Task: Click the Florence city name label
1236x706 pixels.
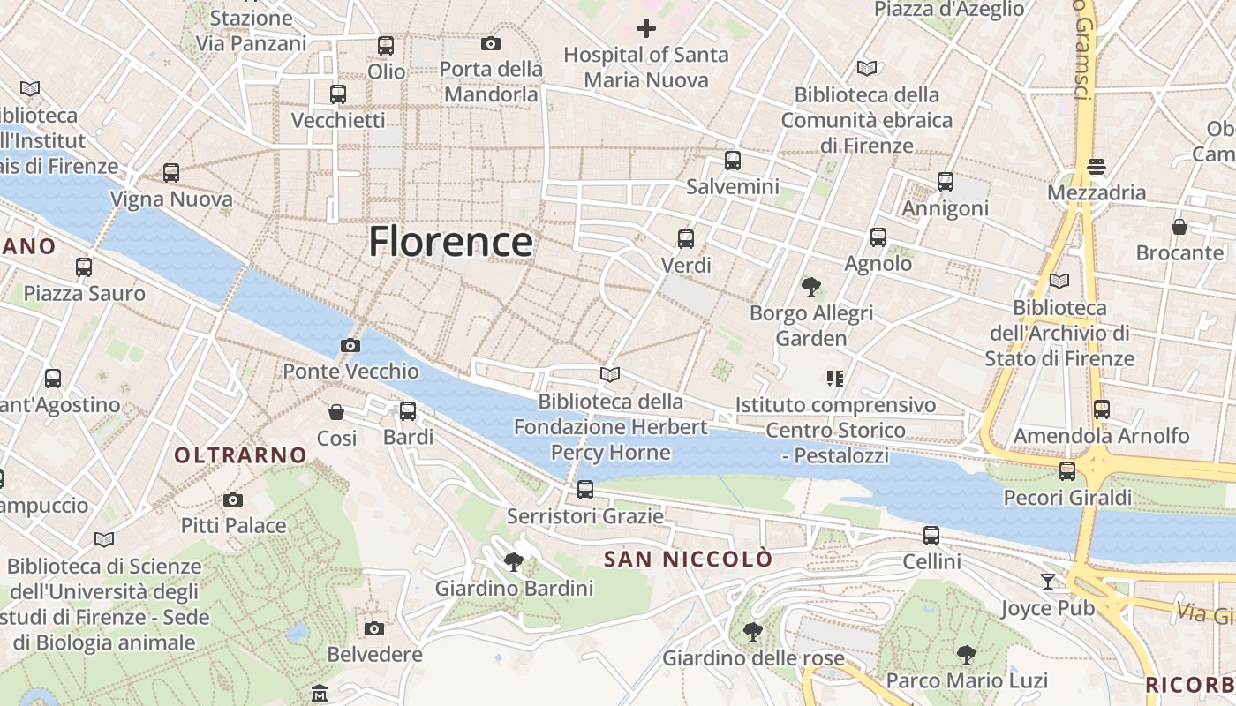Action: (450, 241)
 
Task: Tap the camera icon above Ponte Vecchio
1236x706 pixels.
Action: (350, 345)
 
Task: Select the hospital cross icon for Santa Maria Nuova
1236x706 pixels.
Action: (646, 28)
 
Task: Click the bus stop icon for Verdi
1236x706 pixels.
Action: (685, 238)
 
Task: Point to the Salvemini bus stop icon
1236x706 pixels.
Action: (732, 160)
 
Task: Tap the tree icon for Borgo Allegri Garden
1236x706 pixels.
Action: (810, 286)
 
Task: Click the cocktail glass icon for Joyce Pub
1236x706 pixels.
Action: (1047, 581)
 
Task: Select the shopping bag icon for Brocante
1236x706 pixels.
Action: (1179, 227)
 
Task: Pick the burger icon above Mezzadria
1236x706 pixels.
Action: (1097, 166)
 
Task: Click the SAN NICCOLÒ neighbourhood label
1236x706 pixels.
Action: (688, 559)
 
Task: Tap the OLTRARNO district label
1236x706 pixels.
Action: (240, 455)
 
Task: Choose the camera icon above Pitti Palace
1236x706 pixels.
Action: (233, 499)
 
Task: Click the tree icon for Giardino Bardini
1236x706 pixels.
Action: (513, 561)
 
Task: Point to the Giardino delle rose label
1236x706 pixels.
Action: (751, 657)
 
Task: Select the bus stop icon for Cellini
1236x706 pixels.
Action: (931, 535)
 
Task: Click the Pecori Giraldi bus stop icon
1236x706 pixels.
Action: (1067, 470)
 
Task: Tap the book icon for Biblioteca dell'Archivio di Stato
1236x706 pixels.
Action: (1059, 281)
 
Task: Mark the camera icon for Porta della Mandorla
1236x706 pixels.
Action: (491, 42)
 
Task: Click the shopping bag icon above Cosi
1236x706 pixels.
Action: (336, 411)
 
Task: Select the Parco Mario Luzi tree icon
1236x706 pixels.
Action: (967, 654)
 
